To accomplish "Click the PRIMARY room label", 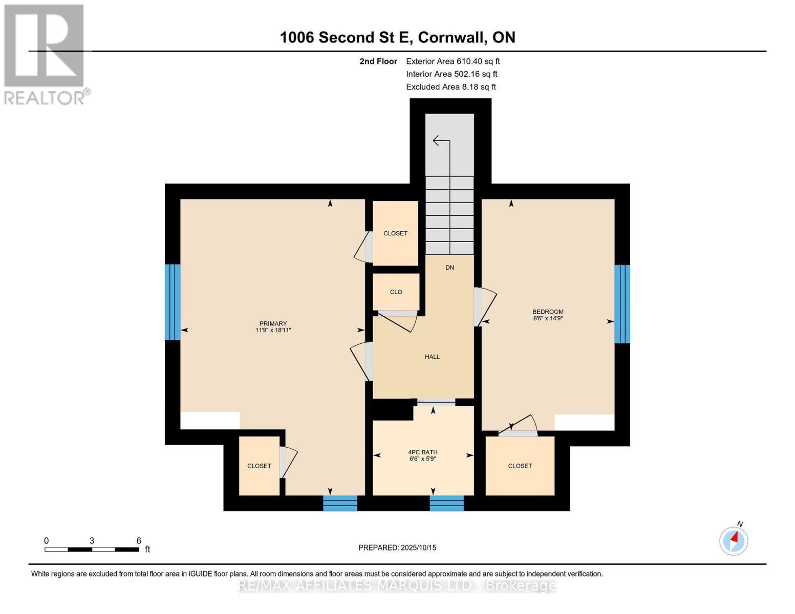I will click(x=273, y=327).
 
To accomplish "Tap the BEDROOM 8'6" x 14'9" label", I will click(x=548, y=315).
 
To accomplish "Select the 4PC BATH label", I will click(x=422, y=455).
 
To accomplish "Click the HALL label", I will click(x=432, y=357).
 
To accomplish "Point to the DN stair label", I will click(x=449, y=268).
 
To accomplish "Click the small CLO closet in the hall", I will click(x=396, y=292).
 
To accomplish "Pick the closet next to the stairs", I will click(x=395, y=233).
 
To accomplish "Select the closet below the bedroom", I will click(x=520, y=466).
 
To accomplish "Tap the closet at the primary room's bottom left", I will click(x=259, y=466).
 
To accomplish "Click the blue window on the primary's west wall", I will click(x=173, y=302).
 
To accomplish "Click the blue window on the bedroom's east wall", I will click(x=622, y=304).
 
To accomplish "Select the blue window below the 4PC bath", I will click(x=446, y=503).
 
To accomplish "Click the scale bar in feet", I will click(x=92, y=549).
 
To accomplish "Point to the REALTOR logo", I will click(x=45, y=54).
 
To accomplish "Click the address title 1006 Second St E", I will click(x=397, y=37).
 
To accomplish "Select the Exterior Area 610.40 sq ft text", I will click(x=453, y=61).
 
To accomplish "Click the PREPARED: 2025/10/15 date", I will click(x=397, y=547).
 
